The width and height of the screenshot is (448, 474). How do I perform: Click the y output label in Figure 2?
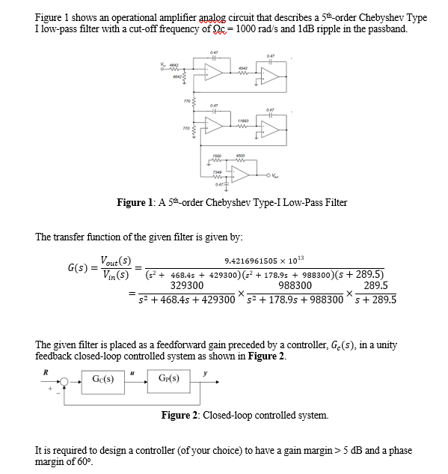tap(201, 370)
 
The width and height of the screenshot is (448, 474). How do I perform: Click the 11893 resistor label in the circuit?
tap(243, 120)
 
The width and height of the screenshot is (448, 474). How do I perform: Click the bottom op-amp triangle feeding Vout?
tap(239, 174)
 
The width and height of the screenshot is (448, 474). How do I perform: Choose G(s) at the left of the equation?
tap(75, 267)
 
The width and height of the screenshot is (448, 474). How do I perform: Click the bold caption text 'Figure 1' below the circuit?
tap(136, 202)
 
